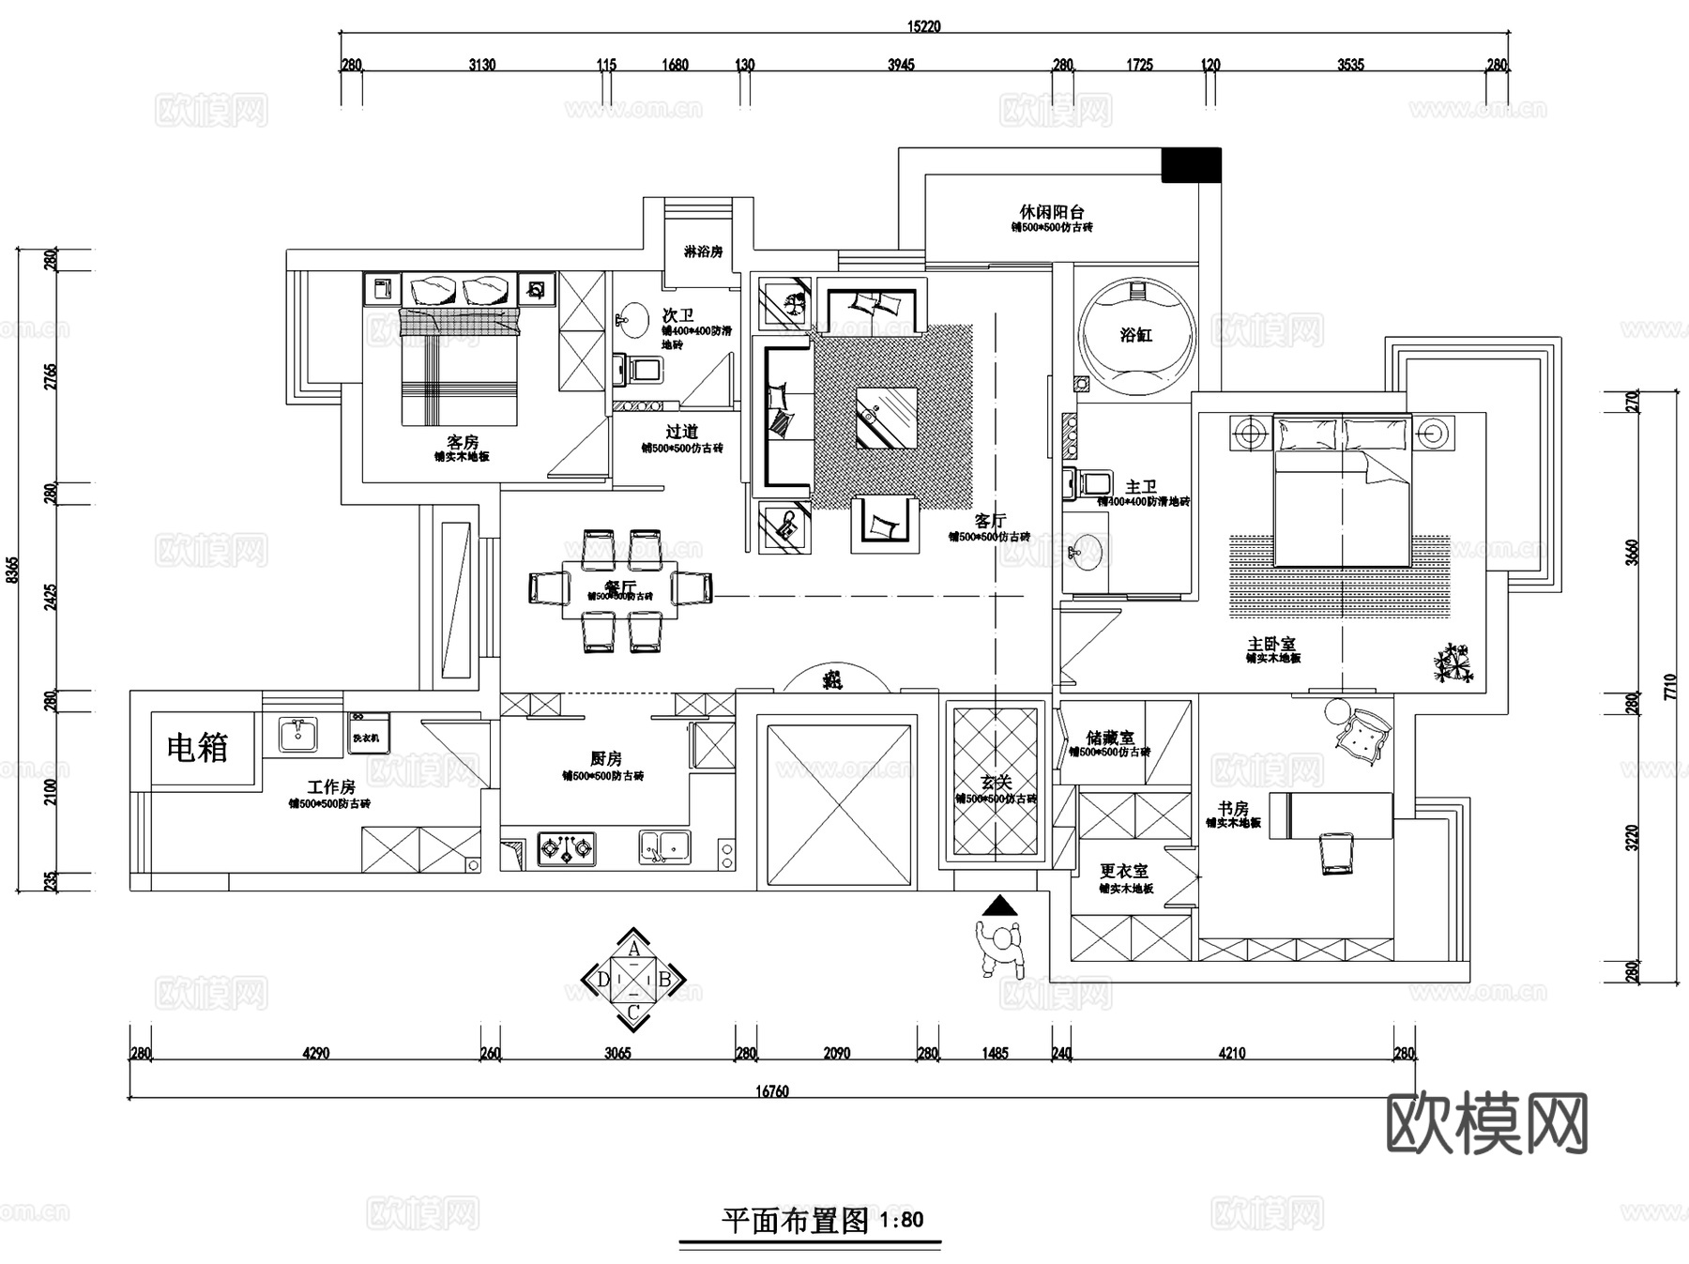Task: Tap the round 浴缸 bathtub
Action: tap(1136, 335)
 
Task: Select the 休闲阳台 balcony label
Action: tap(1051, 213)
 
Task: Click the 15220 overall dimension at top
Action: tap(924, 26)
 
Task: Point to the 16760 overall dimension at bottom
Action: tap(772, 1091)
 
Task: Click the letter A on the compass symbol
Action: tap(634, 950)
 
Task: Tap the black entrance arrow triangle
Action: tap(1000, 906)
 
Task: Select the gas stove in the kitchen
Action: tap(566, 848)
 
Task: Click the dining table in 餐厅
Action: tap(619, 590)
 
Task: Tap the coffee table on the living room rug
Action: tap(886, 418)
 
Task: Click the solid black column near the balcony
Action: tap(1191, 165)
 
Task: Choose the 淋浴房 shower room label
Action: tap(703, 251)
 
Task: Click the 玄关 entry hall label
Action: tap(996, 782)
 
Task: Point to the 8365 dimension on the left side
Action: tap(11, 570)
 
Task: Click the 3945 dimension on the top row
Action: tap(900, 65)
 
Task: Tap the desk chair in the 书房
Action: tap(1335, 852)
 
